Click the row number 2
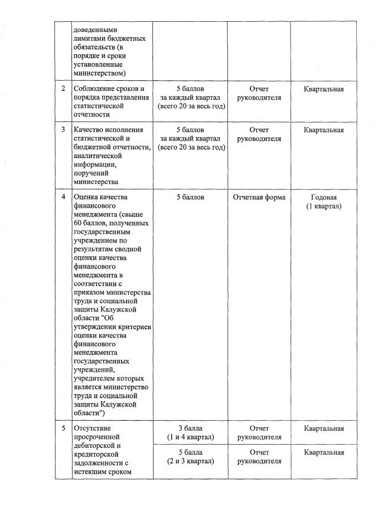pyautogui.click(x=63, y=89)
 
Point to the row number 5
pyautogui.click(x=63, y=428)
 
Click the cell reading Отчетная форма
pyautogui.click(x=259, y=197)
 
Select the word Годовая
pyautogui.click(x=324, y=197)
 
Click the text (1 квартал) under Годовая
pyautogui.click(x=324, y=206)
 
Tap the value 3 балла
pyautogui.click(x=190, y=428)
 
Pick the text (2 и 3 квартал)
pyautogui.click(x=190, y=461)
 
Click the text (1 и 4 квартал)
pyautogui.click(x=190, y=437)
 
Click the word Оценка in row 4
pyautogui.click(x=86, y=197)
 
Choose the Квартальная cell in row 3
pyautogui.click(x=324, y=130)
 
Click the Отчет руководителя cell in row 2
pyautogui.click(x=259, y=93)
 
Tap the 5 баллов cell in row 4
pyautogui.click(x=190, y=197)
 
